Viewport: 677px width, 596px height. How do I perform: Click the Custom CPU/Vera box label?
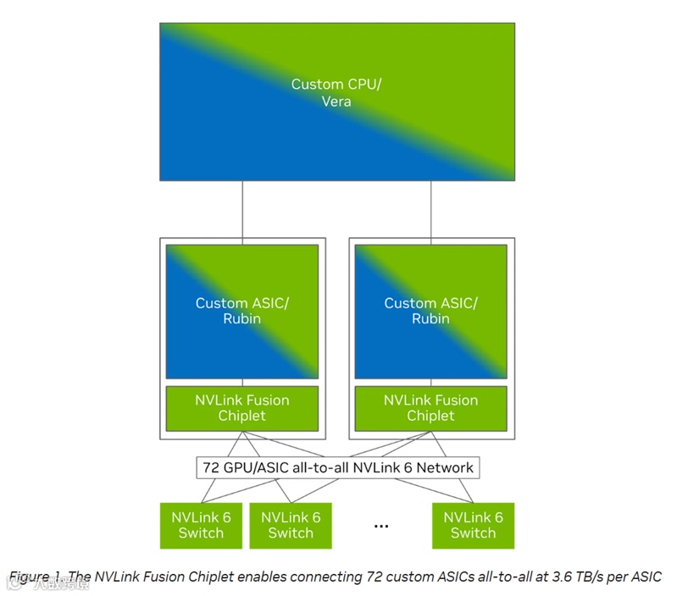coord(336,92)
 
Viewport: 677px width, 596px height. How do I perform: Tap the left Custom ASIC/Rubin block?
coord(242,311)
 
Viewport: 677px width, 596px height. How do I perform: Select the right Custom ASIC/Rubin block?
coord(430,311)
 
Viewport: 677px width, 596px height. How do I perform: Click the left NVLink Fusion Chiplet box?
coord(242,407)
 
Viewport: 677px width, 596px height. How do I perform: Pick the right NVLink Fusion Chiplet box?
coord(430,407)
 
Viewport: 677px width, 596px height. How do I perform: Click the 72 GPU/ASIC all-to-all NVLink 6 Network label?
coord(337,467)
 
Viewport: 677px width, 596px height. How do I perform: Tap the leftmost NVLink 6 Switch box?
coord(201,525)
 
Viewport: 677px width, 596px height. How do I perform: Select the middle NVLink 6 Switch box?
coord(291,525)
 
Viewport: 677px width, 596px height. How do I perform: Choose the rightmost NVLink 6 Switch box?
coord(473,525)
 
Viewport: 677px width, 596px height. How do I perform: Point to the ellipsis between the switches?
coord(381,526)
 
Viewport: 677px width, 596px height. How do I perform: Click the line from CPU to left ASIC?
coord(242,209)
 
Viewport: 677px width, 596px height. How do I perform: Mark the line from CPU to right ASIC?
coord(431,209)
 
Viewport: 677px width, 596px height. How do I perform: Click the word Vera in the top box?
coord(336,102)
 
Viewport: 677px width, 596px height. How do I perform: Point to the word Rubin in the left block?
coord(242,319)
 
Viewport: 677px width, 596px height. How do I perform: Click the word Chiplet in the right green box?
coord(430,416)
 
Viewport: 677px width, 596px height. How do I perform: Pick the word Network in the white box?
coord(445,467)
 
